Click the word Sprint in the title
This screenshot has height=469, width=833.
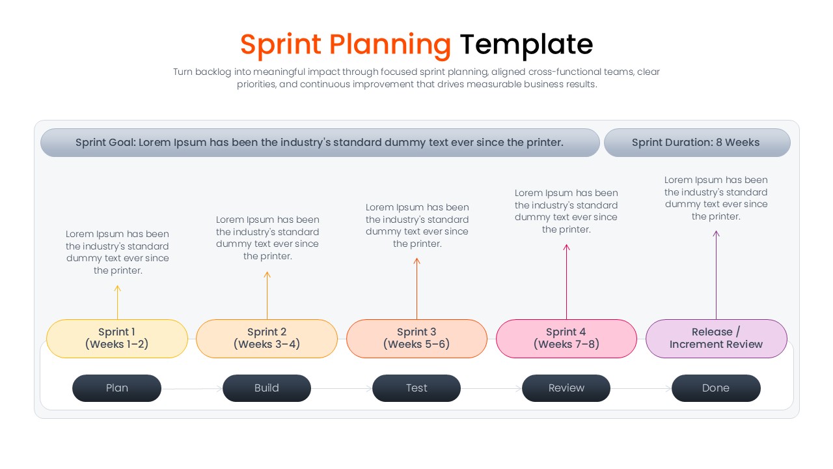280,44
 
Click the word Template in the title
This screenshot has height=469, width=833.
526,44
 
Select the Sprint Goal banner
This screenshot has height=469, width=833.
320,143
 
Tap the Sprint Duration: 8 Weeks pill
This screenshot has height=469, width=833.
696,143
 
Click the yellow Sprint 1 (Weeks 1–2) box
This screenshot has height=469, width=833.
117,338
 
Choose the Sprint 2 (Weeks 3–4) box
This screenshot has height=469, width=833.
267,338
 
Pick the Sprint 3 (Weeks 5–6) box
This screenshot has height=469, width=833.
416,338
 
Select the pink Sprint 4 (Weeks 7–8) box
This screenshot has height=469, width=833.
566,338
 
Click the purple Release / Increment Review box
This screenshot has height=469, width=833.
716,338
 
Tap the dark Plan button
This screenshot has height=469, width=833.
117,388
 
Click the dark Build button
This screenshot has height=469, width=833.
267,388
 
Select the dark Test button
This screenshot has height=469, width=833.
416,388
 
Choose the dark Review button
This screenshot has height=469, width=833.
566,388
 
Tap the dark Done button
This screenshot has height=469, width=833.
716,388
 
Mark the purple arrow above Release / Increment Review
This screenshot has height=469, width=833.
716,274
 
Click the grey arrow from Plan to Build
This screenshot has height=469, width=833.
192,389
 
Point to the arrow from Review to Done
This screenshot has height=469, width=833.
641,389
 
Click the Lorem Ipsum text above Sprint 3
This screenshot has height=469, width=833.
417,225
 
